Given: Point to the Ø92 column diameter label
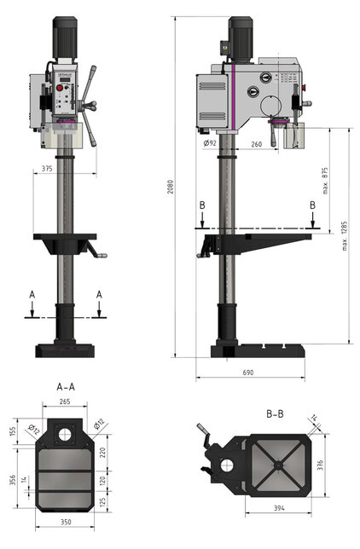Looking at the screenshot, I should coord(210,143).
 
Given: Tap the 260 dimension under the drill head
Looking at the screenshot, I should coord(257,144).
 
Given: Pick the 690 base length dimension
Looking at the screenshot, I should coord(248,373).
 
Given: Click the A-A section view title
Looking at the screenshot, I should coord(66,386).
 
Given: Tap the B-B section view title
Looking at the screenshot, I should coord(274,414).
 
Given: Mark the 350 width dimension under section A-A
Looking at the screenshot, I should coord(66,521).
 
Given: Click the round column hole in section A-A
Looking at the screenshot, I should coord(65,435).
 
